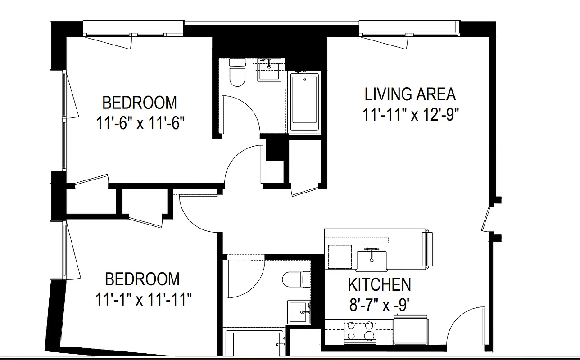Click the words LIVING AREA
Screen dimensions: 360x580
click(x=410, y=94)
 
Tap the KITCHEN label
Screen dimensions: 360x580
click(x=379, y=285)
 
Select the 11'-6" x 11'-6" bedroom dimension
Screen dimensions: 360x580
click(x=140, y=123)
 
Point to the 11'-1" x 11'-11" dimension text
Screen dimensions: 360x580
click(x=143, y=299)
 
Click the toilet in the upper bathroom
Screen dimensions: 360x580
click(x=237, y=72)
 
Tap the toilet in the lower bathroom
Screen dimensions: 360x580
click(x=297, y=279)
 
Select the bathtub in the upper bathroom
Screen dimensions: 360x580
click(x=304, y=102)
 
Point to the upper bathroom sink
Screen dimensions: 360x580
click(x=269, y=70)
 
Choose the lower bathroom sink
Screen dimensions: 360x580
click(x=298, y=311)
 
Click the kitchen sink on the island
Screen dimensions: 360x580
click(x=372, y=261)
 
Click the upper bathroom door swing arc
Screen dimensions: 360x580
click(x=243, y=112)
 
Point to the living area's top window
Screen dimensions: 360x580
click(x=410, y=28)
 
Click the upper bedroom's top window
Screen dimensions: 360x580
click(x=134, y=28)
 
